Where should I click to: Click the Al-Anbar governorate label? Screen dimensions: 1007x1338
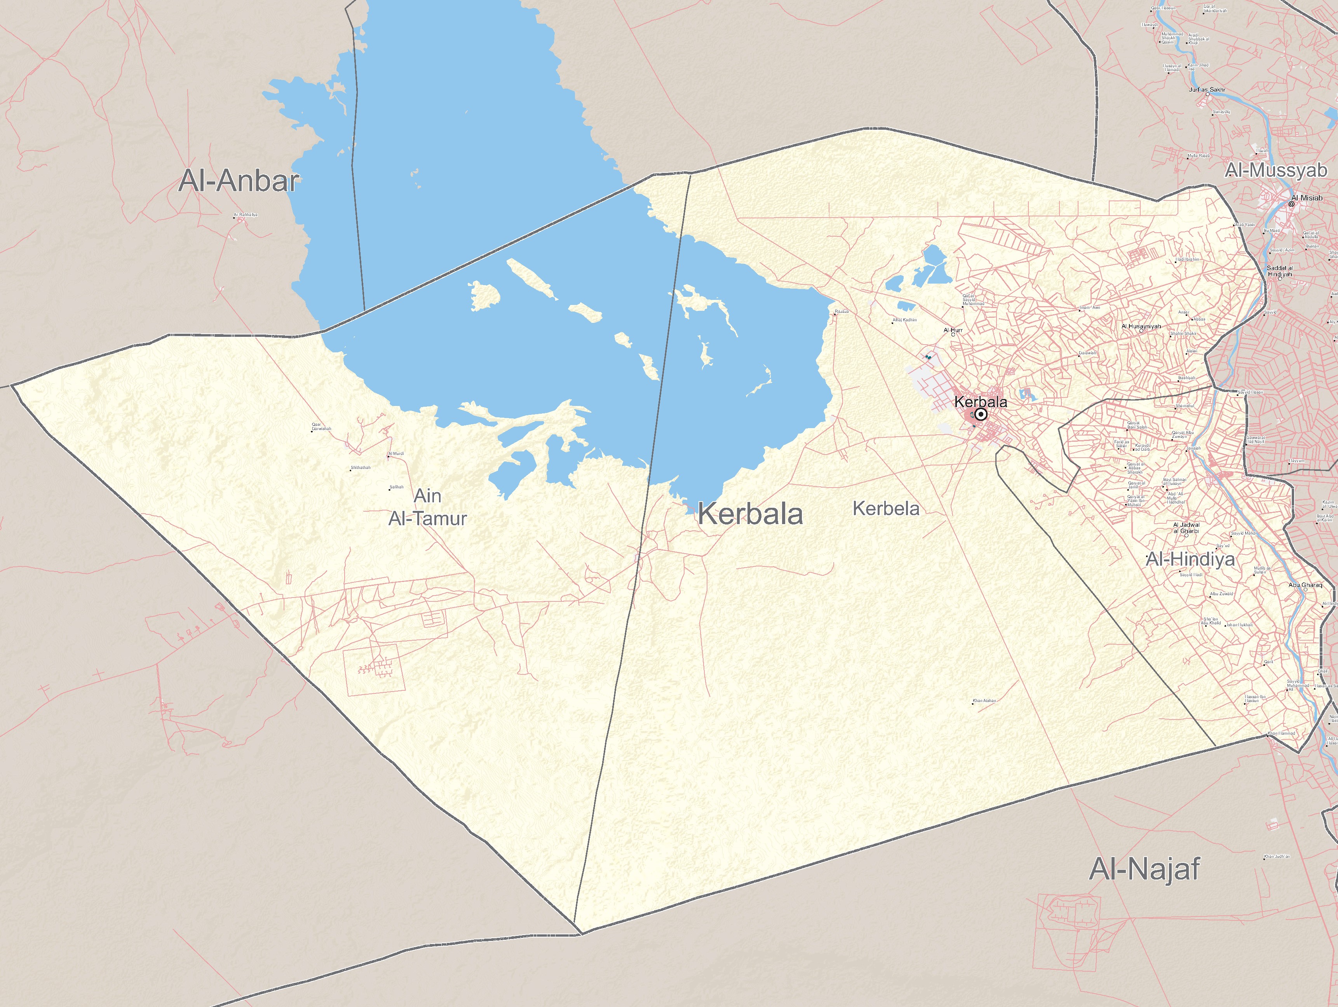coord(239,181)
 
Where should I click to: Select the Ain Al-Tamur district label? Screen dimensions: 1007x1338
coord(428,507)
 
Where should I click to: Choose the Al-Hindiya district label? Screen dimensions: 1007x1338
coord(1190,559)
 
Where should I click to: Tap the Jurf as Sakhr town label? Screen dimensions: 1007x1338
coord(1207,89)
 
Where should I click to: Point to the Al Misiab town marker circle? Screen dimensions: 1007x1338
coord(1291,204)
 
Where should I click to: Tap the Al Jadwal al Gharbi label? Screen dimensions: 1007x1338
coord(1186,528)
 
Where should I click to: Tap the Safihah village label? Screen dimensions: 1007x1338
coord(396,487)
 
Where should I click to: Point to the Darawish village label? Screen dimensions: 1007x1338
coord(1087,353)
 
